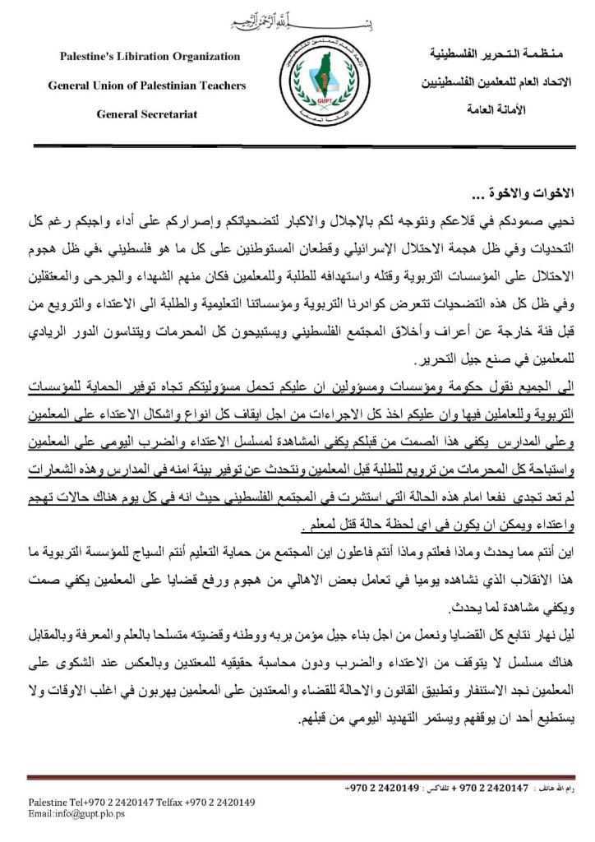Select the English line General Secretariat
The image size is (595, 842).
click(x=146, y=114)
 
